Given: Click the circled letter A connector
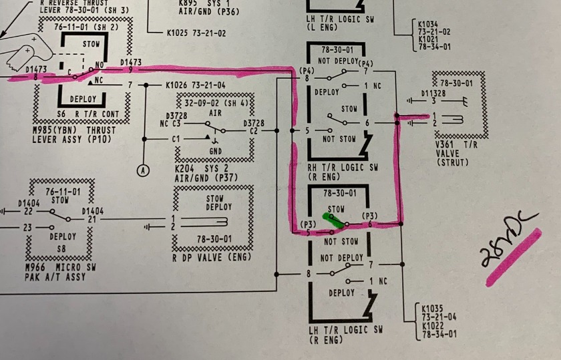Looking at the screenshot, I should coord(142,170).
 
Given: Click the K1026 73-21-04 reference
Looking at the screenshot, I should coord(195,85).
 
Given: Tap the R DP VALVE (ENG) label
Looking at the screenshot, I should coord(212,257).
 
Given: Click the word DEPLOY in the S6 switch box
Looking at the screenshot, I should coord(83,99).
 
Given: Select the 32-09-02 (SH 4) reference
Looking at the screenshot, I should coord(216,103).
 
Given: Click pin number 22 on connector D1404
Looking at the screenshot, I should coord(28,210).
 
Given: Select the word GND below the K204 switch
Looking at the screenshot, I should coord(215,151).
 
